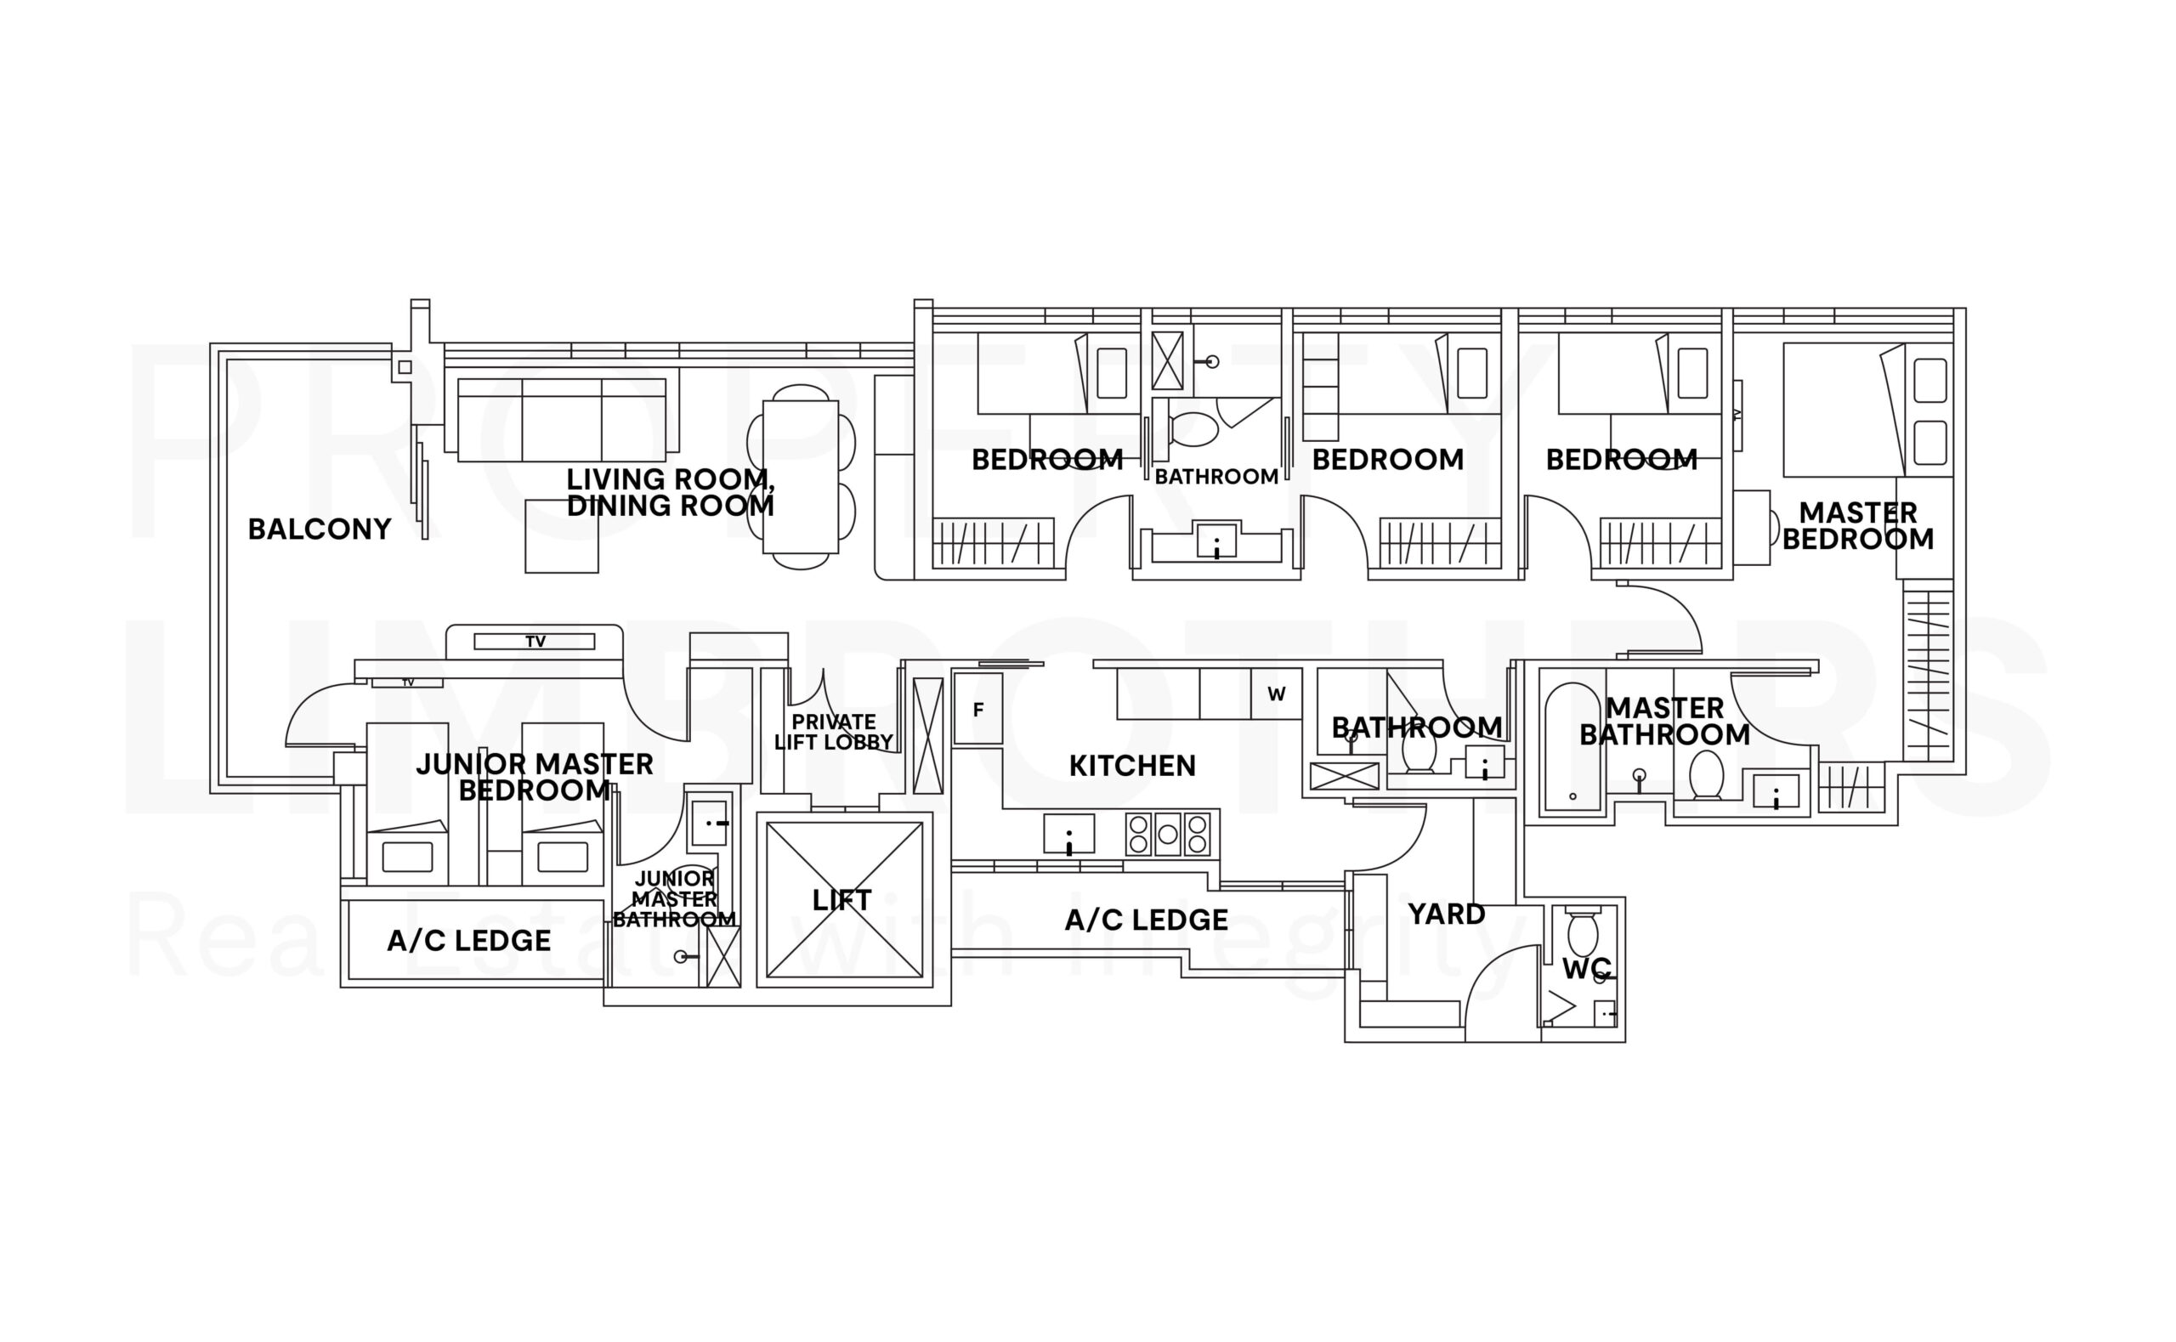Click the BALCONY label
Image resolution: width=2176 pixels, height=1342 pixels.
point(320,529)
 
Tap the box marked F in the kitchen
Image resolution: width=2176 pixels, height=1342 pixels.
point(978,709)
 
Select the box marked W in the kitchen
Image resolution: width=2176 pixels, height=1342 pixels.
point(1276,694)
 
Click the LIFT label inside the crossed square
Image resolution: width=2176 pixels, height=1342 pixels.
point(842,900)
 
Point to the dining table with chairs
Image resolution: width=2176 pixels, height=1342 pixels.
point(801,478)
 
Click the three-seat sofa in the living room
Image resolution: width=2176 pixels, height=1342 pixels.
point(561,419)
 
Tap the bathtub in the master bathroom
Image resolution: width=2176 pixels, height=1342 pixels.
point(1572,747)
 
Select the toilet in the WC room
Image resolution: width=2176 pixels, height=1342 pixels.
point(1584,933)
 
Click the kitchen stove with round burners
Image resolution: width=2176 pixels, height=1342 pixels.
point(1168,834)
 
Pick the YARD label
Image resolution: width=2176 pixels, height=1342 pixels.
point(1447,914)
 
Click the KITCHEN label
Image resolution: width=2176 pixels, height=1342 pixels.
point(1132,765)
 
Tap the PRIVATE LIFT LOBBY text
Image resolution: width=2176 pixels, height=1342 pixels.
point(833,733)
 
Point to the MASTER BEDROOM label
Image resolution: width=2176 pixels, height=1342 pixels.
point(1857,525)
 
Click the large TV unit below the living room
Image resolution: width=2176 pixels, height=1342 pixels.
point(535,641)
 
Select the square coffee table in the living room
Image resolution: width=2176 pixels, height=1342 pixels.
point(561,536)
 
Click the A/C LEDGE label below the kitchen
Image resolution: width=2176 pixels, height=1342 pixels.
point(1147,920)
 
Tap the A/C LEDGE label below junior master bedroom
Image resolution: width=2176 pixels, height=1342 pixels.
point(468,940)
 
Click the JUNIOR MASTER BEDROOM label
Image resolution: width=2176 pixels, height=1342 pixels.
point(535,777)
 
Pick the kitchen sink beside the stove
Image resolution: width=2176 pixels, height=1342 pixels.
point(1068,835)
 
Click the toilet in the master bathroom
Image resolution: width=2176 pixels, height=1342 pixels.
point(1706,774)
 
